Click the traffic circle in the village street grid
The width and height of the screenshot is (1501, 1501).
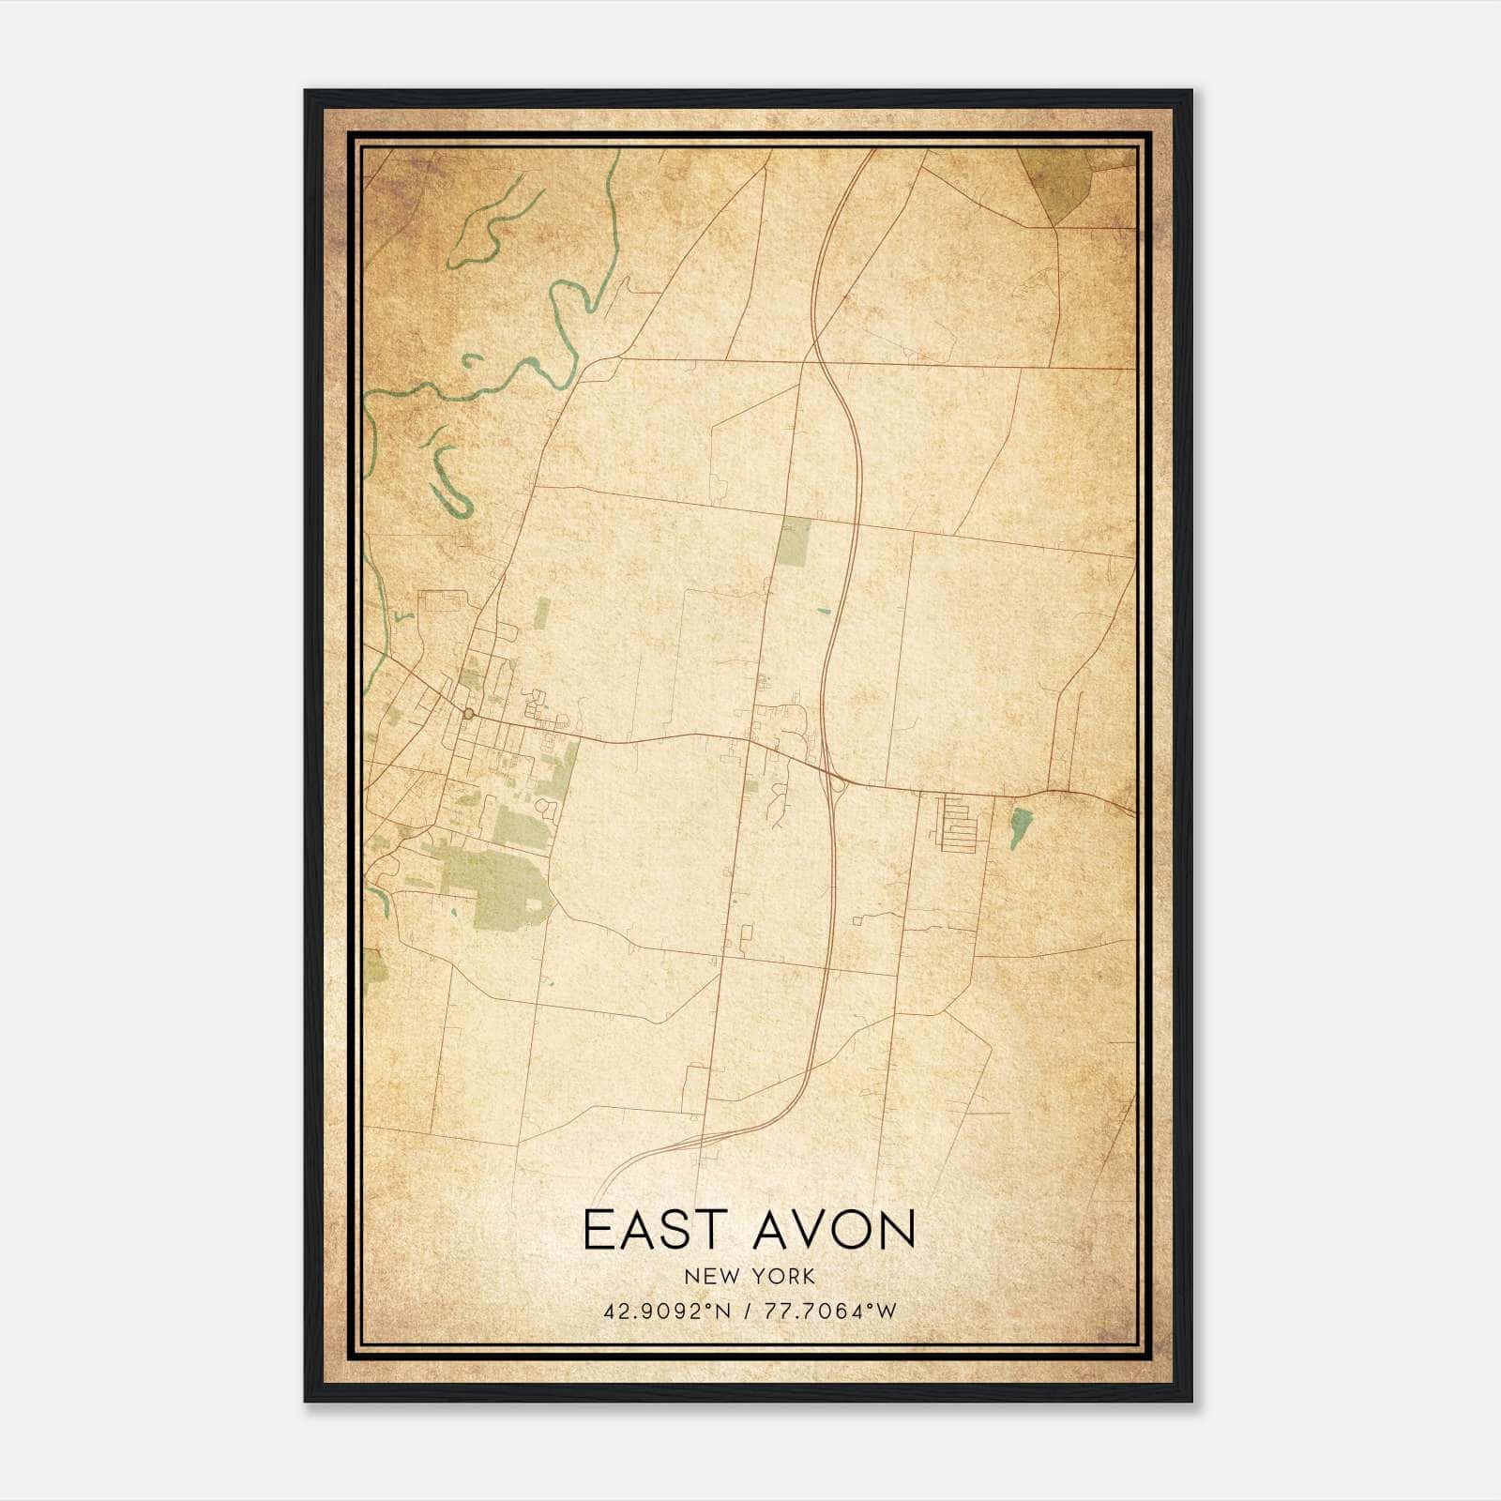(x=467, y=715)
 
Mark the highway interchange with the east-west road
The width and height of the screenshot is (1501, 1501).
(x=834, y=778)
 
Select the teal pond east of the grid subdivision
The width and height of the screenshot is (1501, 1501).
(x=1021, y=826)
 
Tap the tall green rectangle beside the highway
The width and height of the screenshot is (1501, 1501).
(x=794, y=542)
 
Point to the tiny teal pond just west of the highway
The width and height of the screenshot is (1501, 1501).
(x=823, y=612)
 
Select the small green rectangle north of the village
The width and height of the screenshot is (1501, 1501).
(x=542, y=614)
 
